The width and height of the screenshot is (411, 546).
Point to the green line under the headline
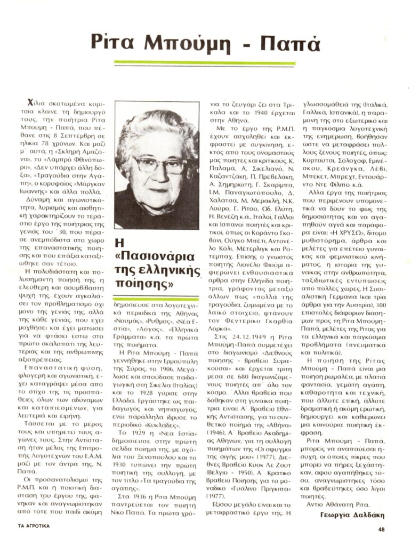point(205,63)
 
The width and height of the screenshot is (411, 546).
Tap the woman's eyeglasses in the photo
point(159,165)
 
